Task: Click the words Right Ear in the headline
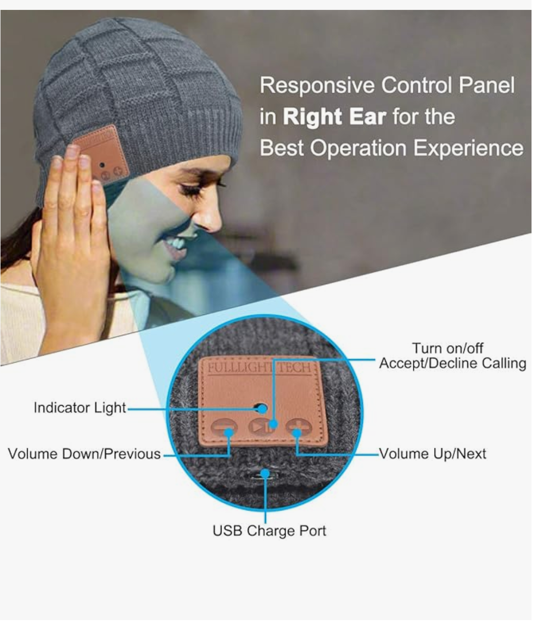pyautogui.click(x=334, y=117)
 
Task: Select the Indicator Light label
pyautogui.click(x=80, y=408)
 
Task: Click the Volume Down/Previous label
pyautogui.click(x=84, y=454)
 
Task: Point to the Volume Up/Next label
pyautogui.click(x=433, y=454)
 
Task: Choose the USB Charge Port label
pyautogui.click(x=269, y=531)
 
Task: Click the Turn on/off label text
pyautogui.click(x=447, y=348)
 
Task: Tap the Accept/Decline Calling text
pyautogui.click(x=452, y=363)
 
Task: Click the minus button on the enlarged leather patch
pyautogui.click(x=224, y=427)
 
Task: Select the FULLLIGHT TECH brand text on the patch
pyautogui.click(x=259, y=368)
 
